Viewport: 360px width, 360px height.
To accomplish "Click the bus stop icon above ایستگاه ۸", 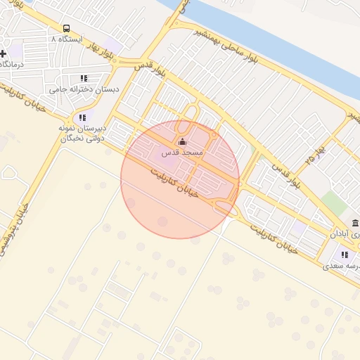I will tap(65, 29).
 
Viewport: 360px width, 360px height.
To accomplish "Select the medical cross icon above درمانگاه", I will tap(3, 53).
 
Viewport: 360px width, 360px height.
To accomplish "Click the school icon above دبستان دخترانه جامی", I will tap(84, 79).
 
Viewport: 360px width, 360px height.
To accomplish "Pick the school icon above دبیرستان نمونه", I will tap(82, 117).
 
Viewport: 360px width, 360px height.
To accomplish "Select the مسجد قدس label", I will tap(182, 153).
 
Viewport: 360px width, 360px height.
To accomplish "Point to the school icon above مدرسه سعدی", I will tap(345, 255).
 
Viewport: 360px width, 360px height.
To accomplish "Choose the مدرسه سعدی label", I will tap(342, 266).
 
